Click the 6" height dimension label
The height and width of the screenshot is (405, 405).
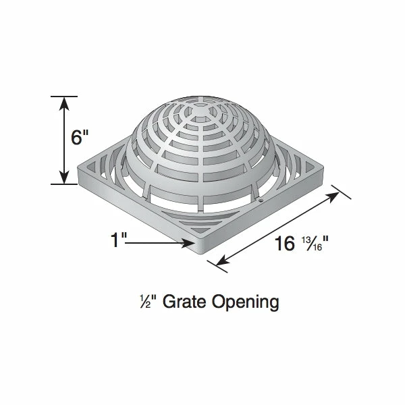coord(80,138)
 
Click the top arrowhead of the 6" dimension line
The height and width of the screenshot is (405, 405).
coord(64,101)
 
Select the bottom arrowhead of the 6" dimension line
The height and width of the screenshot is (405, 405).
coord(64,178)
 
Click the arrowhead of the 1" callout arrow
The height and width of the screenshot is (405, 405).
coord(192,245)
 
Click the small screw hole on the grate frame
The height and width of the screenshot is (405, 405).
coord(261,199)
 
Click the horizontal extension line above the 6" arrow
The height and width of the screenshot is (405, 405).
coord(64,96)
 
